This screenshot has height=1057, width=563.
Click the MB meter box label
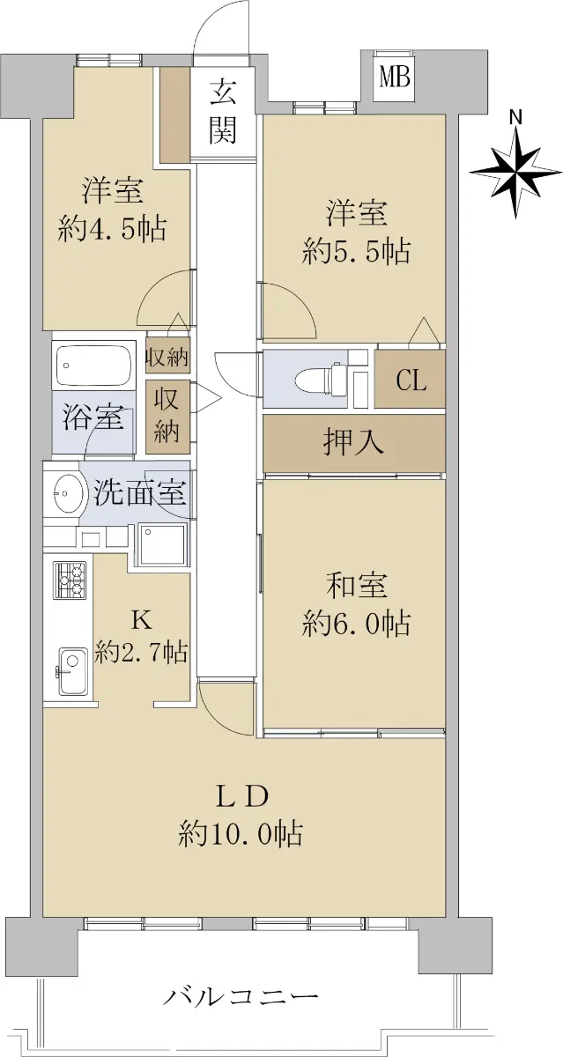coord(395,78)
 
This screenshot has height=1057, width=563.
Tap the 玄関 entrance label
coord(222,111)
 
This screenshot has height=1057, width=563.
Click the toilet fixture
coord(322,379)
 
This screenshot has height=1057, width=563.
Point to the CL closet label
coord(411,381)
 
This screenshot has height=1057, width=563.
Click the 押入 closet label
coord(353,443)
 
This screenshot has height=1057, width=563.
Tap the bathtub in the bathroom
coord(94,366)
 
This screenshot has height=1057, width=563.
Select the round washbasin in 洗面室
coord(68,493)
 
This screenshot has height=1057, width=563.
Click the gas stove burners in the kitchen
coord(70,580)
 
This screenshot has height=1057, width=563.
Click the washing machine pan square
coord(163,544)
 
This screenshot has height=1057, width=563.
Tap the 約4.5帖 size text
coord(112,229)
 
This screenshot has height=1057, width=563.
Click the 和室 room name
coord(356,586)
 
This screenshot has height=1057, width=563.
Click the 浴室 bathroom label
coord(93,418)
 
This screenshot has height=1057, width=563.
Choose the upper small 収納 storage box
coord(167,358)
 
